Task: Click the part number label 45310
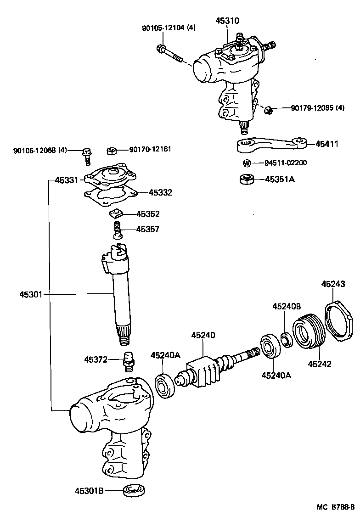pyautogui.click(x=227, y=21)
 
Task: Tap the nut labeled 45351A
pyautogui.click(x=247, y=179)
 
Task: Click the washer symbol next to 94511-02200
pyautogui.click(x=247, y=163)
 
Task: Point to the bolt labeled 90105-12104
pyautogui.click(x=169, y=53)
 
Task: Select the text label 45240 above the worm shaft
pyautogui.click(x=203, y=336)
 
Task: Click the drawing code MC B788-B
pyautogui.click(x=336, y=507)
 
